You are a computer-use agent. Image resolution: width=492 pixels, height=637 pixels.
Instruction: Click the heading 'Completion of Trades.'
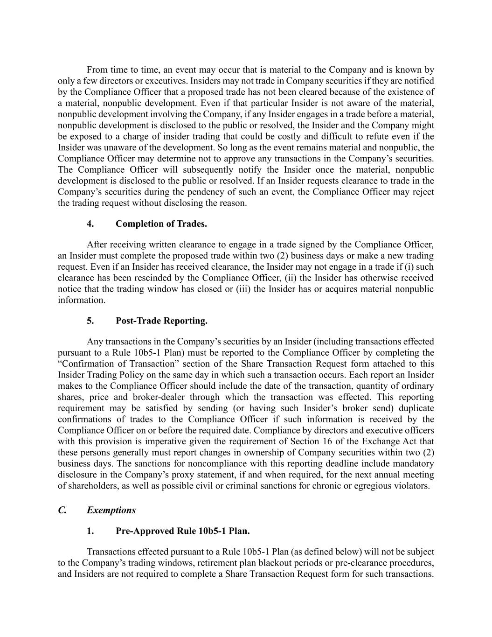161,224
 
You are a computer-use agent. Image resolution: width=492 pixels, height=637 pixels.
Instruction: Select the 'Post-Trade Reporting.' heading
161,321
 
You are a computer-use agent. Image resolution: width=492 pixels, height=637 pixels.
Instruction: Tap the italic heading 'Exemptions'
111,510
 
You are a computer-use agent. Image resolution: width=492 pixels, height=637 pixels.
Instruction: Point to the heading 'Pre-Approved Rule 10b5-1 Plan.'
182,531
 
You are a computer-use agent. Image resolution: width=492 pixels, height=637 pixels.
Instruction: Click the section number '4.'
90,224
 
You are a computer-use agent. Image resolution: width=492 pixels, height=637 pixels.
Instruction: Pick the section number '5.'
90,321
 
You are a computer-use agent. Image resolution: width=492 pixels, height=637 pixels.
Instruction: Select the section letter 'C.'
62,510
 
